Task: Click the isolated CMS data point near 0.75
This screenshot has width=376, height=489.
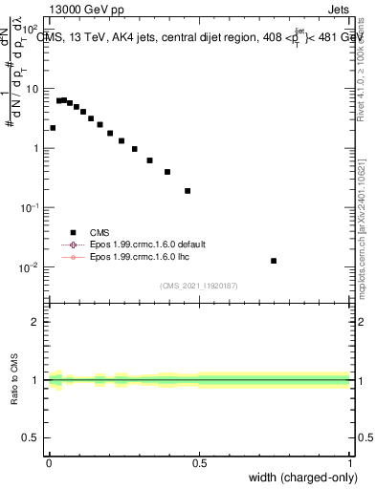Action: coord(274,261)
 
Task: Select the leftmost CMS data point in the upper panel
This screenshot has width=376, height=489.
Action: coord(53,127)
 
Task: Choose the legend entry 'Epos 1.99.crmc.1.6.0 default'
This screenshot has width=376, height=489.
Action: coord(138,244)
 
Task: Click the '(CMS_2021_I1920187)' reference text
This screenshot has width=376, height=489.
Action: coord(198,285)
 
